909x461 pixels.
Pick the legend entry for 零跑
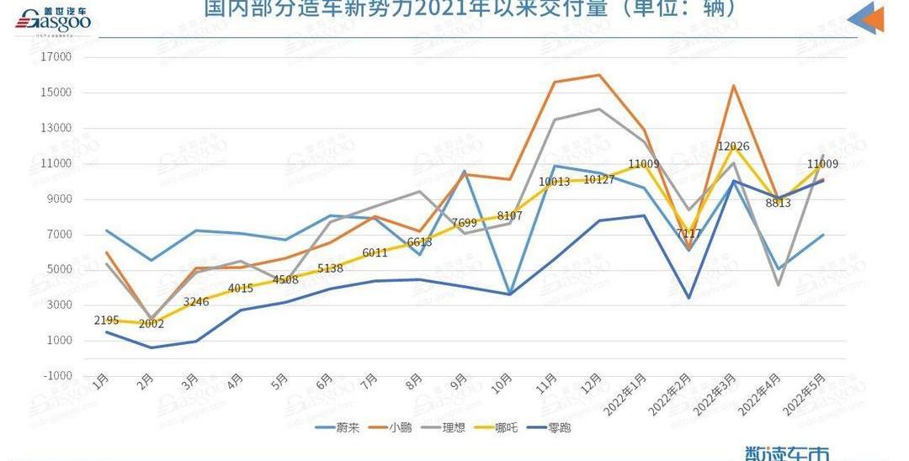click(x=558, y=427)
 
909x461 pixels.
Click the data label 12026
click(x=734, y=146)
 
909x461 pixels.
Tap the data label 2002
click(x=151, y=324)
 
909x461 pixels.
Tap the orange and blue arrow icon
click(x=867, y=19)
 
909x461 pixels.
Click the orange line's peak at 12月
click(x=598, y=75)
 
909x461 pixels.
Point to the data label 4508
click(x=285, y=280)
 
